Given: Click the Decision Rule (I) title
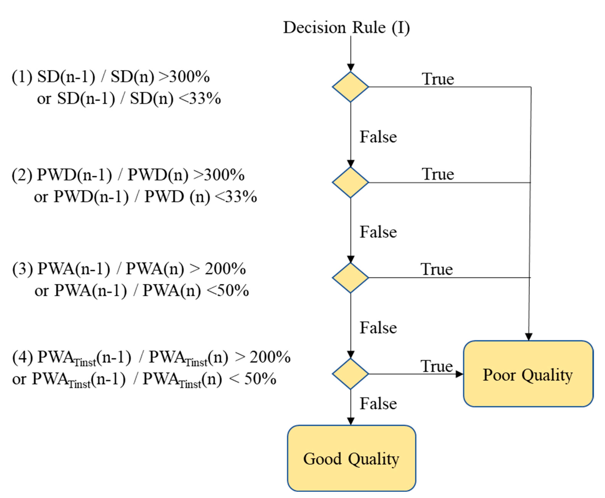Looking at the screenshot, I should tap(346, 28).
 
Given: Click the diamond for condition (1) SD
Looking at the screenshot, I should tap(350, 87).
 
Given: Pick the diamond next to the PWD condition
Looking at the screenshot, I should tap(350, 183).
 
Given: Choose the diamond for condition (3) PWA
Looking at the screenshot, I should tap(350, 278).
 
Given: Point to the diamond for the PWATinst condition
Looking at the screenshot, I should tap(350, 374).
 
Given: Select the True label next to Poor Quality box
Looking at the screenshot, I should tap(436, 366).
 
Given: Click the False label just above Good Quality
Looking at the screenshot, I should tap(378, 404).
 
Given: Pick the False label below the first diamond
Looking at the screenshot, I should tap(378, 137).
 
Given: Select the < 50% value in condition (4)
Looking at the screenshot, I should tap(253, 379).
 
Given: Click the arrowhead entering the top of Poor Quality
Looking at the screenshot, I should tap(529, 337).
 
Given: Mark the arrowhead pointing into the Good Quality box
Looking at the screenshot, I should tap(350, 421).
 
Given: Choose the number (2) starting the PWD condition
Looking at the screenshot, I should tap(22, 175).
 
